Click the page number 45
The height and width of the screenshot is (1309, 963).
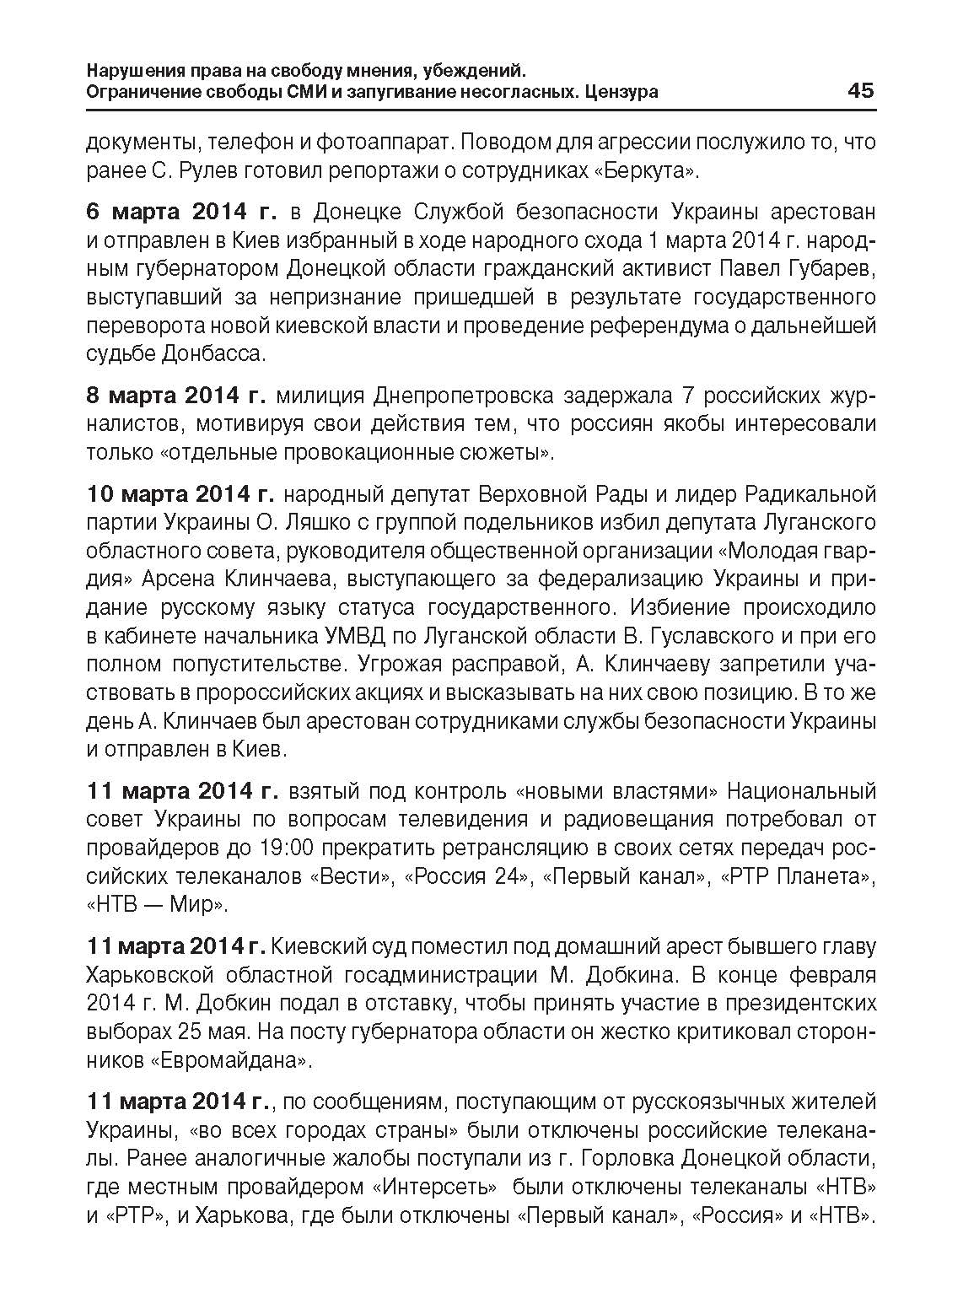pos(860,90)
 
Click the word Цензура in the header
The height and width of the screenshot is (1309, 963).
pos(621,92)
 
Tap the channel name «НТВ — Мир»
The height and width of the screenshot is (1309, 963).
pos(158,905)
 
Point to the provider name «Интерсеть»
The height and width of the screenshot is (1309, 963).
pos(434,1187)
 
